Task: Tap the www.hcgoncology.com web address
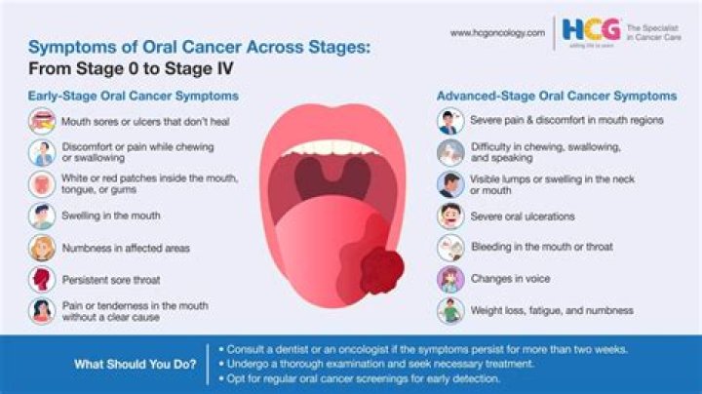(x=496, y=32)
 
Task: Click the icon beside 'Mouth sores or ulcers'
(x=42, y=122)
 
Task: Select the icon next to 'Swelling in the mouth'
(x=42, y=216)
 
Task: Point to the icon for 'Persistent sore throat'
(x=42, y=279)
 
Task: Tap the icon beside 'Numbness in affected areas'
(x=42, y=248)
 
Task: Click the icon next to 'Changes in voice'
(x=448, y=279)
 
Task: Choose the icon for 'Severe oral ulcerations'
(x=448, y=216)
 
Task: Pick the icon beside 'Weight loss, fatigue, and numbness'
(x=448, y=310)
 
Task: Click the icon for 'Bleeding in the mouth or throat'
(x=448, y=248)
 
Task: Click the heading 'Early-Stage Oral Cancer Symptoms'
(x=134, y=97)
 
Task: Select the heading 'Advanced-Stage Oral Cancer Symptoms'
(x=557, y=97)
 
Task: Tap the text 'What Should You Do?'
(x=134, y=365)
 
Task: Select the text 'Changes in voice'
(x=510, y=279)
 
